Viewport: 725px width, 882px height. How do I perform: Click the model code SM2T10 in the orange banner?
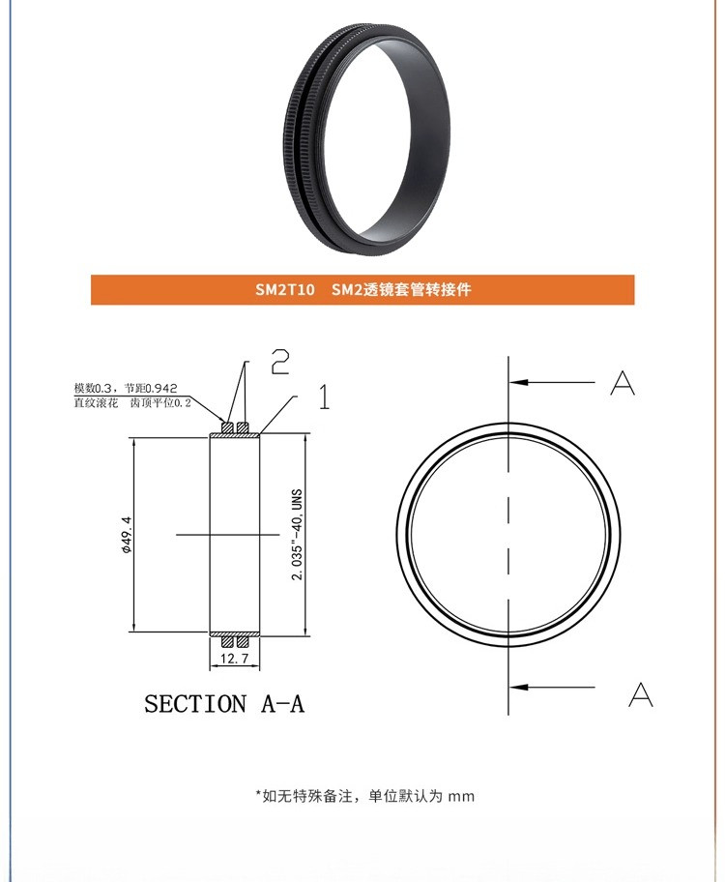[x=284, y=290]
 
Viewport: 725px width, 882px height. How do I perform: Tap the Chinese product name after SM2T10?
[x=401, y=290]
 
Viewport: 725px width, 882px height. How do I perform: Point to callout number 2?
[x=279, y=362]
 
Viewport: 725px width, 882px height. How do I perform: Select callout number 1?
[x=324, y=397]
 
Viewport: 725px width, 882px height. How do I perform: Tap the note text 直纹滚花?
[x=96, y=401]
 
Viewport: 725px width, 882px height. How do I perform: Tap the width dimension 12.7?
[x=236, y=659]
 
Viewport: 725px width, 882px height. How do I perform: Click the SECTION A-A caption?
[x=224, y=703]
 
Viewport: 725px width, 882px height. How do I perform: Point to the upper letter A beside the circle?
[x=623, y=384]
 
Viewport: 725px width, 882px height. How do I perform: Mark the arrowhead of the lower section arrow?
[x=517, y=687]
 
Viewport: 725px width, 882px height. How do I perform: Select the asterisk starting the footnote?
[x=258, y=794]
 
